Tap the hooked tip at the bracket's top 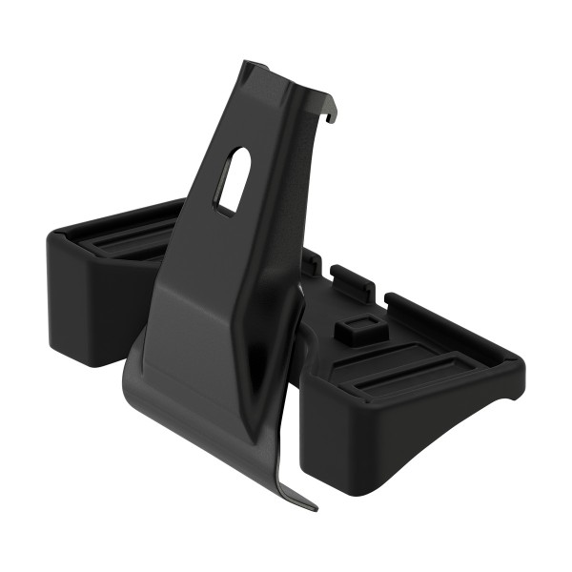334,115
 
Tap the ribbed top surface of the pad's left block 114,238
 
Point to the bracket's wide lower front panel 200,372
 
